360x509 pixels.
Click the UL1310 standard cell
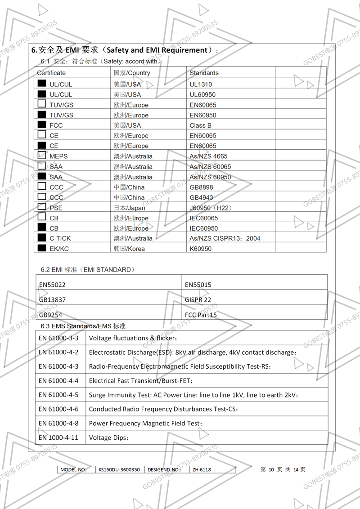pyautogui.click(x=201, y=84)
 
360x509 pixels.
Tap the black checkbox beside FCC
pyautogui.click(x=42, y=125)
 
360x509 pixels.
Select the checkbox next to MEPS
pyautogui.click(x=42, y=156)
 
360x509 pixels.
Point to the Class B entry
pyautogui.click(x=200, y=125)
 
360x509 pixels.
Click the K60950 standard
pyautogui.click(x=200, y=249)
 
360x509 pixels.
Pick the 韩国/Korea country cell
pyautogui.click(x=129, y=249)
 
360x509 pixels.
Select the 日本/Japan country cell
pyautogui.click(x=129, y=208)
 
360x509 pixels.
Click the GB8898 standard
pyautogui.click(x=201, y=187)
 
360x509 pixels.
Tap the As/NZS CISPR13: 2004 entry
pyautogui.click(x=225, y=238)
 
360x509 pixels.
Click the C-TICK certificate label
pyautogui.click(x=60, y=238)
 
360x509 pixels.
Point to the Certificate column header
pyautogui.click(x=51, y=73)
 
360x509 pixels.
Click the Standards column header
pyautogui.click(x=204, y=73)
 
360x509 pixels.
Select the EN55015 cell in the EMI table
pyautogui.click(x=198, y=285)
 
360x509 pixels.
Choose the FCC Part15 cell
pyautogui.click(x=201, y=315)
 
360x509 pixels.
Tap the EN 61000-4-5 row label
pyautogui.click(x=58, y=395)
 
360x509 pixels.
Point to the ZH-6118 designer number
pyautogui.click(x=202, y=470)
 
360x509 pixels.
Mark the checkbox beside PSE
pyautogui.click(x=42, y=207)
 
